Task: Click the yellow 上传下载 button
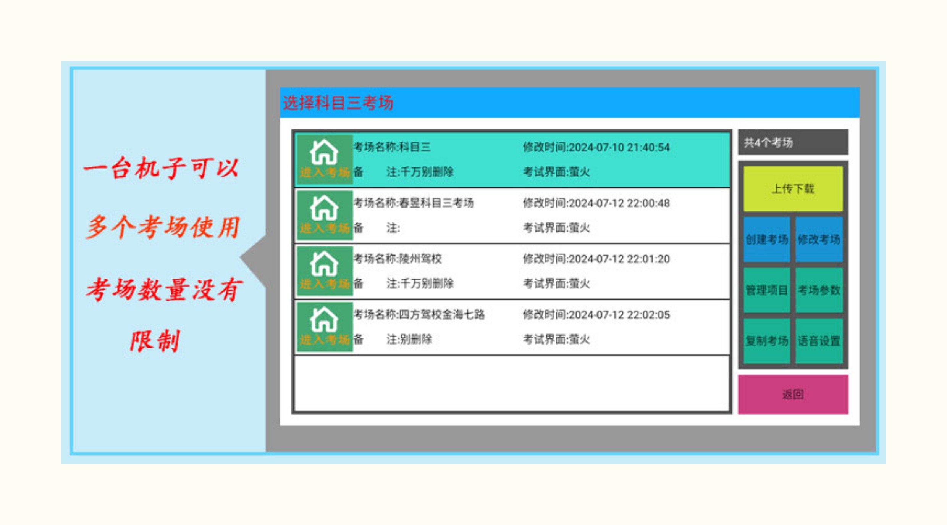[793, 188]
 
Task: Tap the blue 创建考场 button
[767, 240]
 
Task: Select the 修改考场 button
[819, 240]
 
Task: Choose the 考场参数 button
[819, 290]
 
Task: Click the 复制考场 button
[767, 341]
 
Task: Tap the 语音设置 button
[819, 341]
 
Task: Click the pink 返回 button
[793, 395]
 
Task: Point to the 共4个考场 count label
[768, 143]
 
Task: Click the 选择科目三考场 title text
[338, 103]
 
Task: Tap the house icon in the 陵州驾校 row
[324, 264]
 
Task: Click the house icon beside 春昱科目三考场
[324, 208]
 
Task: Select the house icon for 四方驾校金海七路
[324, 319]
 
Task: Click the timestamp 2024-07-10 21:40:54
[619, 147]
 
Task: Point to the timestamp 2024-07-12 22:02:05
[619, 315]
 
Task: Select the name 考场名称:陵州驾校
[398, 259]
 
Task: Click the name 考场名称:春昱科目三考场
[414, 203]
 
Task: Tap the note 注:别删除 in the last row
[409, 339]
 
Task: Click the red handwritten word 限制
[155, 341]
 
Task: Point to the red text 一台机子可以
[162, 168]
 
